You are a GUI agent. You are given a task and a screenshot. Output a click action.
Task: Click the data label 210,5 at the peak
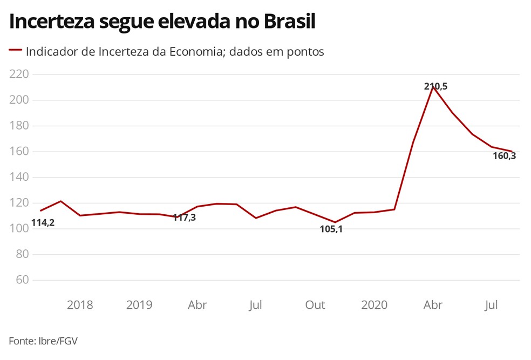click(x=435, y=86)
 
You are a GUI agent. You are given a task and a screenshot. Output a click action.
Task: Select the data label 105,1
click(x=331, y=229)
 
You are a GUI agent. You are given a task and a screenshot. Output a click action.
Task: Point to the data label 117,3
click(x=184, y=218)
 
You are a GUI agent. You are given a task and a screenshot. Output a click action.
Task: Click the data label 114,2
click(x=43, y=222)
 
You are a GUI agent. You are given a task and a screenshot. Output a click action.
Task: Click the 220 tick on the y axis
click(x=19, y=74)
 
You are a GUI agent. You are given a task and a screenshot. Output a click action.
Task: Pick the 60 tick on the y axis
click(x=22, y=280)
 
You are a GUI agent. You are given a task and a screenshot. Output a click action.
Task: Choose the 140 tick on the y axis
click(x=19, y=177)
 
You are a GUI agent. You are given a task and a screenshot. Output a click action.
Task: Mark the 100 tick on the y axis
click(x=19, y=229)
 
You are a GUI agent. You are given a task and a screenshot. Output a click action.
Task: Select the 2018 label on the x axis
click(x=80, y=305)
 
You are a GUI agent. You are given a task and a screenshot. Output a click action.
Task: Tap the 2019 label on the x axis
click(x=139, y=305)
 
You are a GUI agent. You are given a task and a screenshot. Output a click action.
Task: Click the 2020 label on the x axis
click(x=374, y=305)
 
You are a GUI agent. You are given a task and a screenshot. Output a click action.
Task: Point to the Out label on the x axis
click(x=315, y=305)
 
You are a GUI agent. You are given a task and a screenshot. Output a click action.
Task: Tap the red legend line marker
click(x=15, y=51)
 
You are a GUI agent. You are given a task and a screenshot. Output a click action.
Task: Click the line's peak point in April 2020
click(x=433, y=86)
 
